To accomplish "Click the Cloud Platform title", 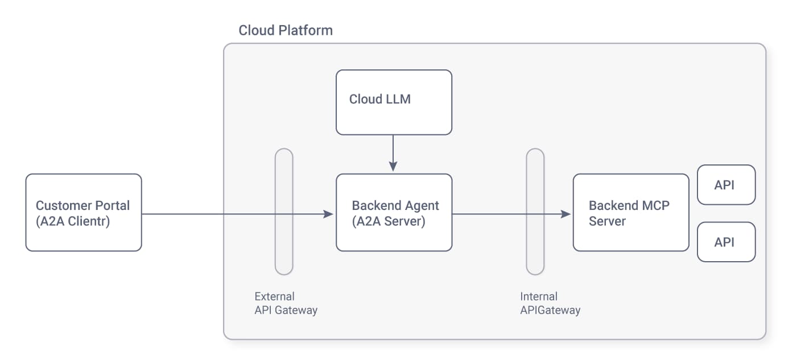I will (286, 30).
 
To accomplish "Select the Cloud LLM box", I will (394, 102).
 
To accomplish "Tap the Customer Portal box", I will (84, 212).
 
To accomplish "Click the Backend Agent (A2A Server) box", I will (394, 212).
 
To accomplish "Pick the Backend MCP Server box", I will (630, 212).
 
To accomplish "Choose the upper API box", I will (726, 185).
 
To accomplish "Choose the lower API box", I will (726, 242).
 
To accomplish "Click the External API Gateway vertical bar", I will (284, 212).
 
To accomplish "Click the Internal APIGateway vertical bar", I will (535, 212).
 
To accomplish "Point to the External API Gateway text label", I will (286, 303).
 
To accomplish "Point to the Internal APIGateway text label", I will (550, 303).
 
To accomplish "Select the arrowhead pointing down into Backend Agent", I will (393, 166).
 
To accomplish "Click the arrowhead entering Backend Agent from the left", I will (328, 214).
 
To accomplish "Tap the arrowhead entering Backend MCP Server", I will (566, 214).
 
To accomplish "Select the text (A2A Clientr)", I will (73, 221).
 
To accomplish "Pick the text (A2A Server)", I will (389, 221).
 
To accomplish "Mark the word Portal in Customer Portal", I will (112, 205).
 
